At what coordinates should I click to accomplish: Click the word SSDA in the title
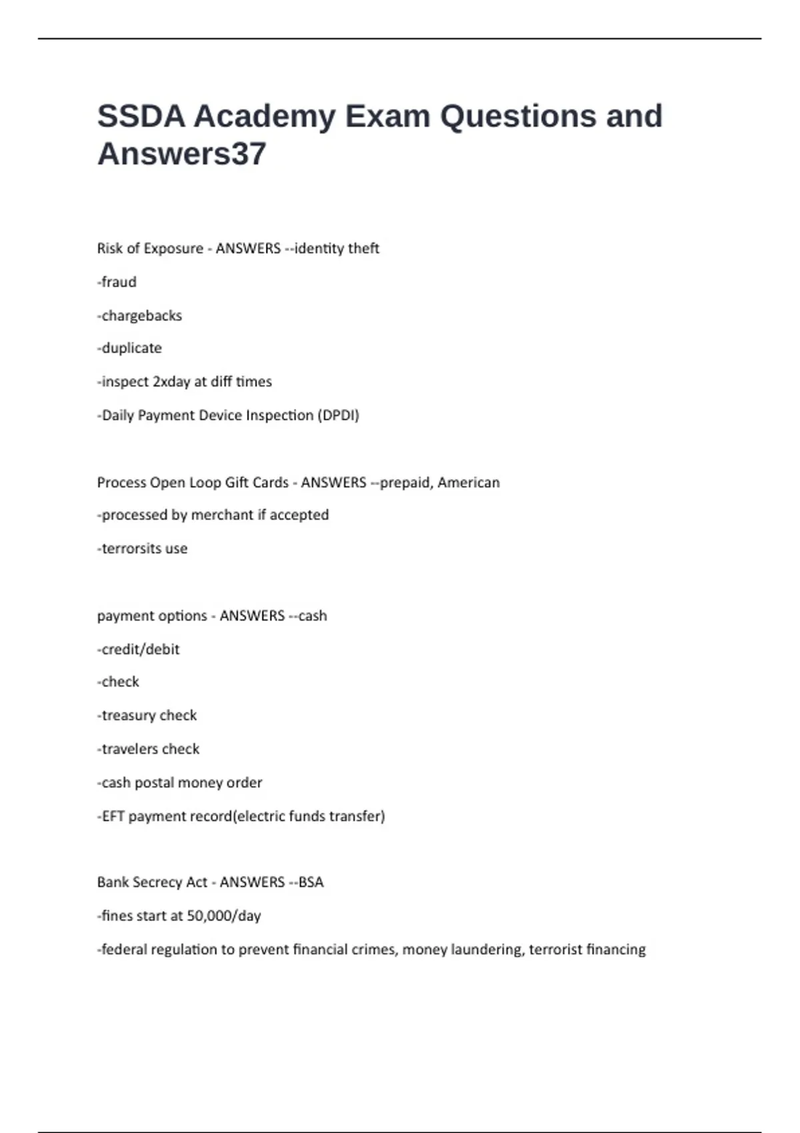click(141, 117)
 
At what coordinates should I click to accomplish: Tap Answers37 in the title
click(182, 154)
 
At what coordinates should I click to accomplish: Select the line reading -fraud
click(117, 282)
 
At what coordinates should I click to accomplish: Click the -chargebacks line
click(140, 315)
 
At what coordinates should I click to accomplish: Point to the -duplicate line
click(130, 348)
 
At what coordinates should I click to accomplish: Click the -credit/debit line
click(139, 649)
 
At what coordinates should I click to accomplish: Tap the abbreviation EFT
click(113, 816)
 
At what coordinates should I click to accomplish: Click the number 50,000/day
click(224, 916)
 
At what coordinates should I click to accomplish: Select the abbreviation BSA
click(311, 882)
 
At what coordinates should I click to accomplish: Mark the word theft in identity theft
click(363, 248)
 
